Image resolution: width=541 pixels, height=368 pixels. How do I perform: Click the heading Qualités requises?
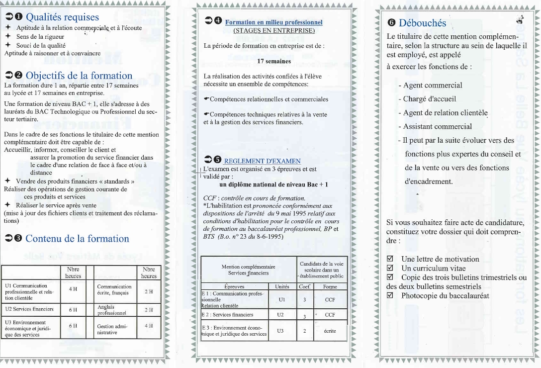(x=62, y=18)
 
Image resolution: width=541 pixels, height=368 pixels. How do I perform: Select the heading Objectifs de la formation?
(x=79, y=76)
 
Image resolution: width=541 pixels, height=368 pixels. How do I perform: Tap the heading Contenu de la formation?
(x=77, y=238)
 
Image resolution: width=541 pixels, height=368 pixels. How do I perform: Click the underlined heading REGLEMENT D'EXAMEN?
(x=262, y=161)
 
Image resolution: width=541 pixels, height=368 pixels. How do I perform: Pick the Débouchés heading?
(x=422, y=23)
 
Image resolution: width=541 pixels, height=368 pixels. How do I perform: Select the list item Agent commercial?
(x=433, y=85)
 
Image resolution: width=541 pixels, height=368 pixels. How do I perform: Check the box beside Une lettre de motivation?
(x=390, y=259)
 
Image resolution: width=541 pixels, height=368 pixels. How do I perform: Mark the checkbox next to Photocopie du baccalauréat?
(x=390, y=295)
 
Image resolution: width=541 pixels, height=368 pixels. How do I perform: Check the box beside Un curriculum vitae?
(x=390, y=268)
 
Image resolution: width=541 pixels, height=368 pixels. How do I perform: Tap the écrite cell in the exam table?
(x=330, y=331)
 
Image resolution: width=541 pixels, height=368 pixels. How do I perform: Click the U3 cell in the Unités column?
(x=281, y=331)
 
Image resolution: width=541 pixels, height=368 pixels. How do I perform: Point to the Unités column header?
(x=281, y=286)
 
